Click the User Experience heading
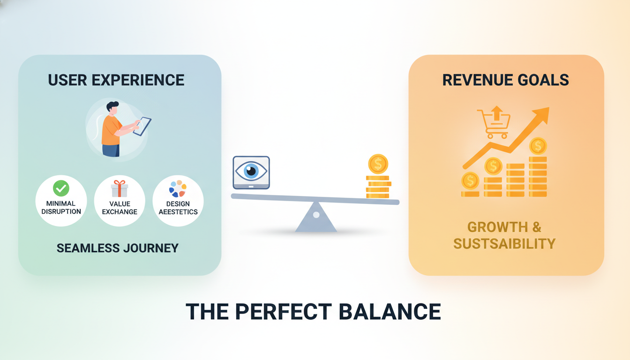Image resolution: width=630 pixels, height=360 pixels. [116, 80]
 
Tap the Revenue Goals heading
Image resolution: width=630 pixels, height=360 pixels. [506, 80]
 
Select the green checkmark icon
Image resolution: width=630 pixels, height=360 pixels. [61, 188]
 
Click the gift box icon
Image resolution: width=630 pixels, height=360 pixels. [120, 188]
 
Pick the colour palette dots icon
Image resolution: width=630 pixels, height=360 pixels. [178, 188]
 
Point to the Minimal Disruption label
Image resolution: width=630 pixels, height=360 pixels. [61, 208]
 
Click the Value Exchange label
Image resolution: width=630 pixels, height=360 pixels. [120, 208]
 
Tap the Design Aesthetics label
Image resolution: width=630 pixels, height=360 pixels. [178, 208]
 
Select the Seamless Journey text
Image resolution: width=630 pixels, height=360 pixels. [118, 248]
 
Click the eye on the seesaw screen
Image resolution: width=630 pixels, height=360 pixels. [251, 171]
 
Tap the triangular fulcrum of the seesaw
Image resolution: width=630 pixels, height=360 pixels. [316, 218]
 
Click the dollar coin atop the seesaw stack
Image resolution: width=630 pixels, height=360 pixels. [378, 164]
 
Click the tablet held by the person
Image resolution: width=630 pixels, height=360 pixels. [142, 126]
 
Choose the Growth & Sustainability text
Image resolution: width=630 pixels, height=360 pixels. [504, 235]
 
